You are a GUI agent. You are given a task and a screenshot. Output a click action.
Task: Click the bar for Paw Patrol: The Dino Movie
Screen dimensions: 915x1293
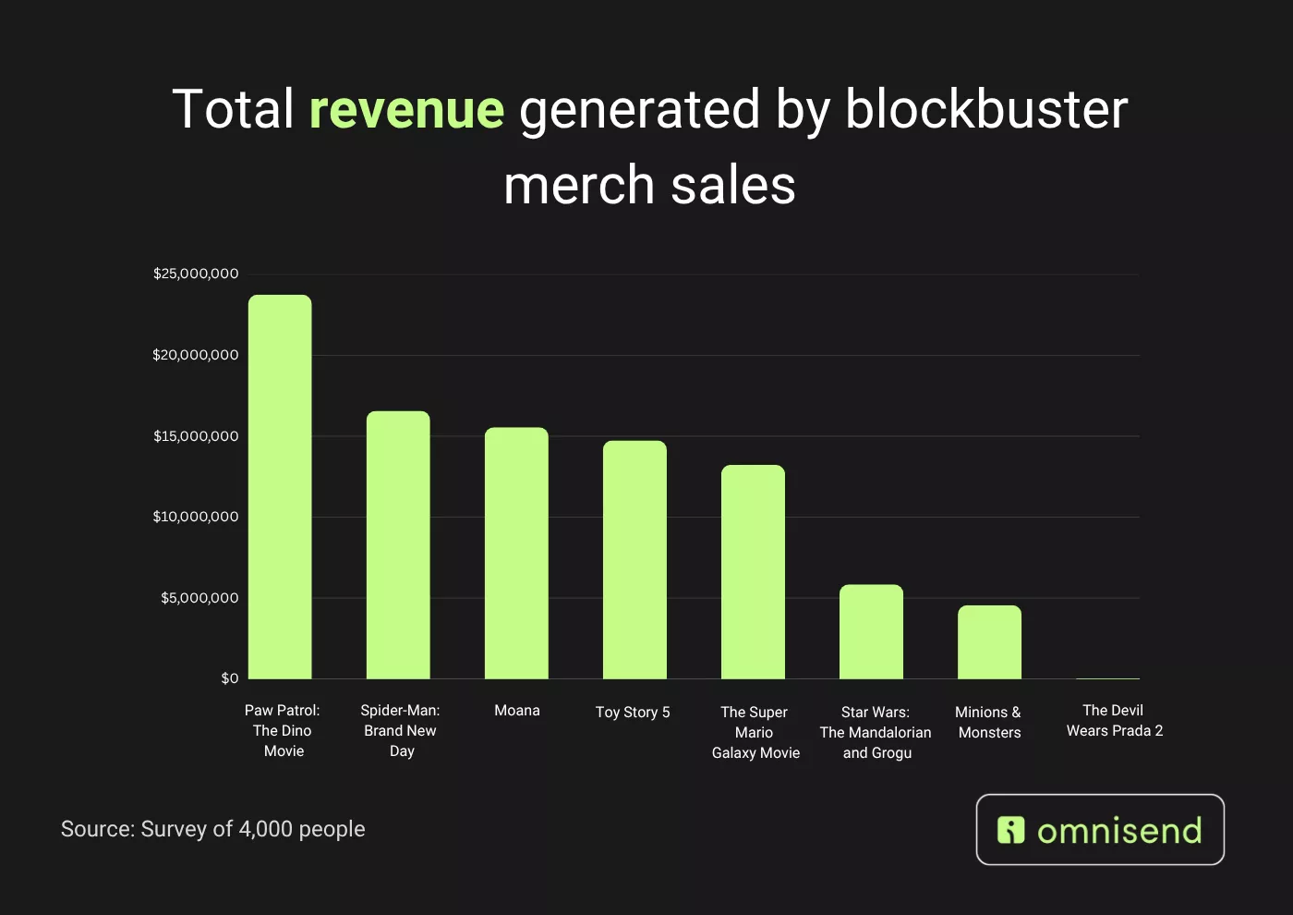pyautogui.click(x=280, y=487)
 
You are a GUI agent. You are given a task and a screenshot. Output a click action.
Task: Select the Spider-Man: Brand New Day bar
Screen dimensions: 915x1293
pyautogui.click(x=398, y=545)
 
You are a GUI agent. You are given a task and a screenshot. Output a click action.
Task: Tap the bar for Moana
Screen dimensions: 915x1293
pyautogui.click(x=516, y=554)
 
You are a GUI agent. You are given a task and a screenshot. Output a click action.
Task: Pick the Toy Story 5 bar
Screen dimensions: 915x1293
pyautogui.click(x=634, y=560)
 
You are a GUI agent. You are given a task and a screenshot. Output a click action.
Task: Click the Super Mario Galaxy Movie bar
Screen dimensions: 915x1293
pyautogui.click(x=753, y=572)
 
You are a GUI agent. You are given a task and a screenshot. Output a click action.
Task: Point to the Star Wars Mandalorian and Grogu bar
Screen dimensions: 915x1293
pyautogui.click(x=871, y=632)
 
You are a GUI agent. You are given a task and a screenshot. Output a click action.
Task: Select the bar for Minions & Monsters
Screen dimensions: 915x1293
pyautogui.click(x=989, y=642)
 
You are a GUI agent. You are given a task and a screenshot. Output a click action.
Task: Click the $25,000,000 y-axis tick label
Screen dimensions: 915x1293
pyautogui.click(x=196, y=274)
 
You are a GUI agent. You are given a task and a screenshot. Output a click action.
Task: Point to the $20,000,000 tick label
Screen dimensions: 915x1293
pyautogui.click(x=196, y=355)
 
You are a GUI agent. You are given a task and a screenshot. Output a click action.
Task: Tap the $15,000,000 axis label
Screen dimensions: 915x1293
pyautogui.click(x=196, y=436)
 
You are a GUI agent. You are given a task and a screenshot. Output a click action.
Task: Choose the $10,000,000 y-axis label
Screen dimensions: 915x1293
pyautogui.click(x=196, y=517)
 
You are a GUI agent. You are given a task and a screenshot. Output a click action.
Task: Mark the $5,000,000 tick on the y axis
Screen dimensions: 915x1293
pyautogui.click(x=199, y=598)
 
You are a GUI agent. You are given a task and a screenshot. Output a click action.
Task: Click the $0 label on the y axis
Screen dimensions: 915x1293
pyautogui.click(x=230, y=678)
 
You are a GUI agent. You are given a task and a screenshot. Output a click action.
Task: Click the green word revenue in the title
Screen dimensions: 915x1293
pyautogui.click(x=406, y=109)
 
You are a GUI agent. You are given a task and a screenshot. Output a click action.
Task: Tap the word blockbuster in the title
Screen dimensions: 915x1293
pyautogui.click(x=985, y=109)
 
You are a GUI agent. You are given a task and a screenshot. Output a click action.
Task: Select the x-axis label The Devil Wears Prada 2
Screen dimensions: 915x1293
pyautogui.click(x=1114, y=721)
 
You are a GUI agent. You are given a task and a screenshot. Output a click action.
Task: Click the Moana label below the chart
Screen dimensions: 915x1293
pyautogui.click(x=517, y=711)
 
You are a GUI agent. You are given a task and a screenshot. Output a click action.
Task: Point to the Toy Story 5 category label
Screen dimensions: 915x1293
pyautogui.click(x=633, y=713)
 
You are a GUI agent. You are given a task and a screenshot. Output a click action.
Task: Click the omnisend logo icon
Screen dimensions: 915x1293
pyautogui.click(x=1011, y=830)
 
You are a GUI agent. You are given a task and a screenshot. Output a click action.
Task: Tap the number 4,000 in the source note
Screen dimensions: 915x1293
pyautogui.click(x=265, y=829)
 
